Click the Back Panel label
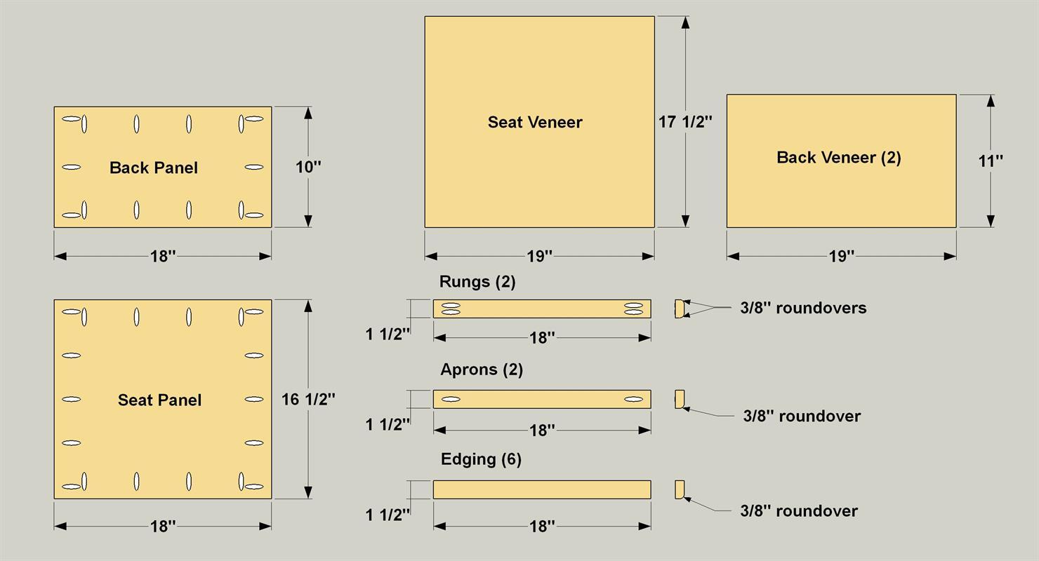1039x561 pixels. tap(154, 168)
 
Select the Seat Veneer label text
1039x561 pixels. tap(535, 122)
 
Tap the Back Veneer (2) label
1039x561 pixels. tap(839, 158)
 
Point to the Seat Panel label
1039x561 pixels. tap(159, 400)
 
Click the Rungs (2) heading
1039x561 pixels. tap(477, 282)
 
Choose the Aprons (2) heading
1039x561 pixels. tap(482, 370)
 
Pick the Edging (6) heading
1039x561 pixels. tap(481, 459)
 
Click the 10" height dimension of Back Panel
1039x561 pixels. tap(308, 167)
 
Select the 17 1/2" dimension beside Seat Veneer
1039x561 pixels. tap(685, 122)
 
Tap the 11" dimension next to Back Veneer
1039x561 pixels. tap(991, 161)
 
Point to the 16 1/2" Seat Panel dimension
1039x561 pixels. tap(308, 399)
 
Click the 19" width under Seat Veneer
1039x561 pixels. tap(539, 256)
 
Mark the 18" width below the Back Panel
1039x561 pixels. tap(163, 256)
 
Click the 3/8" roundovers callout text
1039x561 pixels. tap(803, 308)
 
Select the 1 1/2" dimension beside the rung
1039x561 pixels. tap(388, 334)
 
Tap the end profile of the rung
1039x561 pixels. tap(680, 309)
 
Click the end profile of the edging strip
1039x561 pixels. tap(680, 489)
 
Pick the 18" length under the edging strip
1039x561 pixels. tap(542, 526)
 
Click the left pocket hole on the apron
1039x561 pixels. tap(451, 399)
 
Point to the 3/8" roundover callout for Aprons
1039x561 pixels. tap(802, 416)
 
